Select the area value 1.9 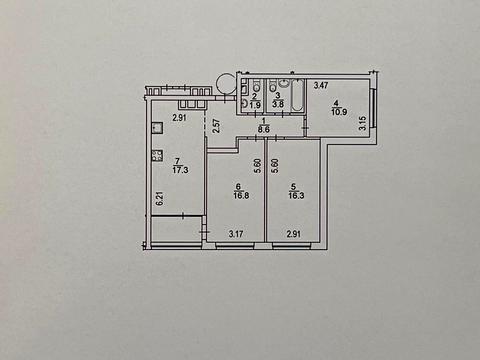(x=255, y=103)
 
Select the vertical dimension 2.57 (x=216, y=125)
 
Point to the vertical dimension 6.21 (x=159, y=200)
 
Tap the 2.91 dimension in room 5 (x=295, y=235)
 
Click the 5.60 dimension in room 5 (x=274, y=167)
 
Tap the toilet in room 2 (x=245, y=101)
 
